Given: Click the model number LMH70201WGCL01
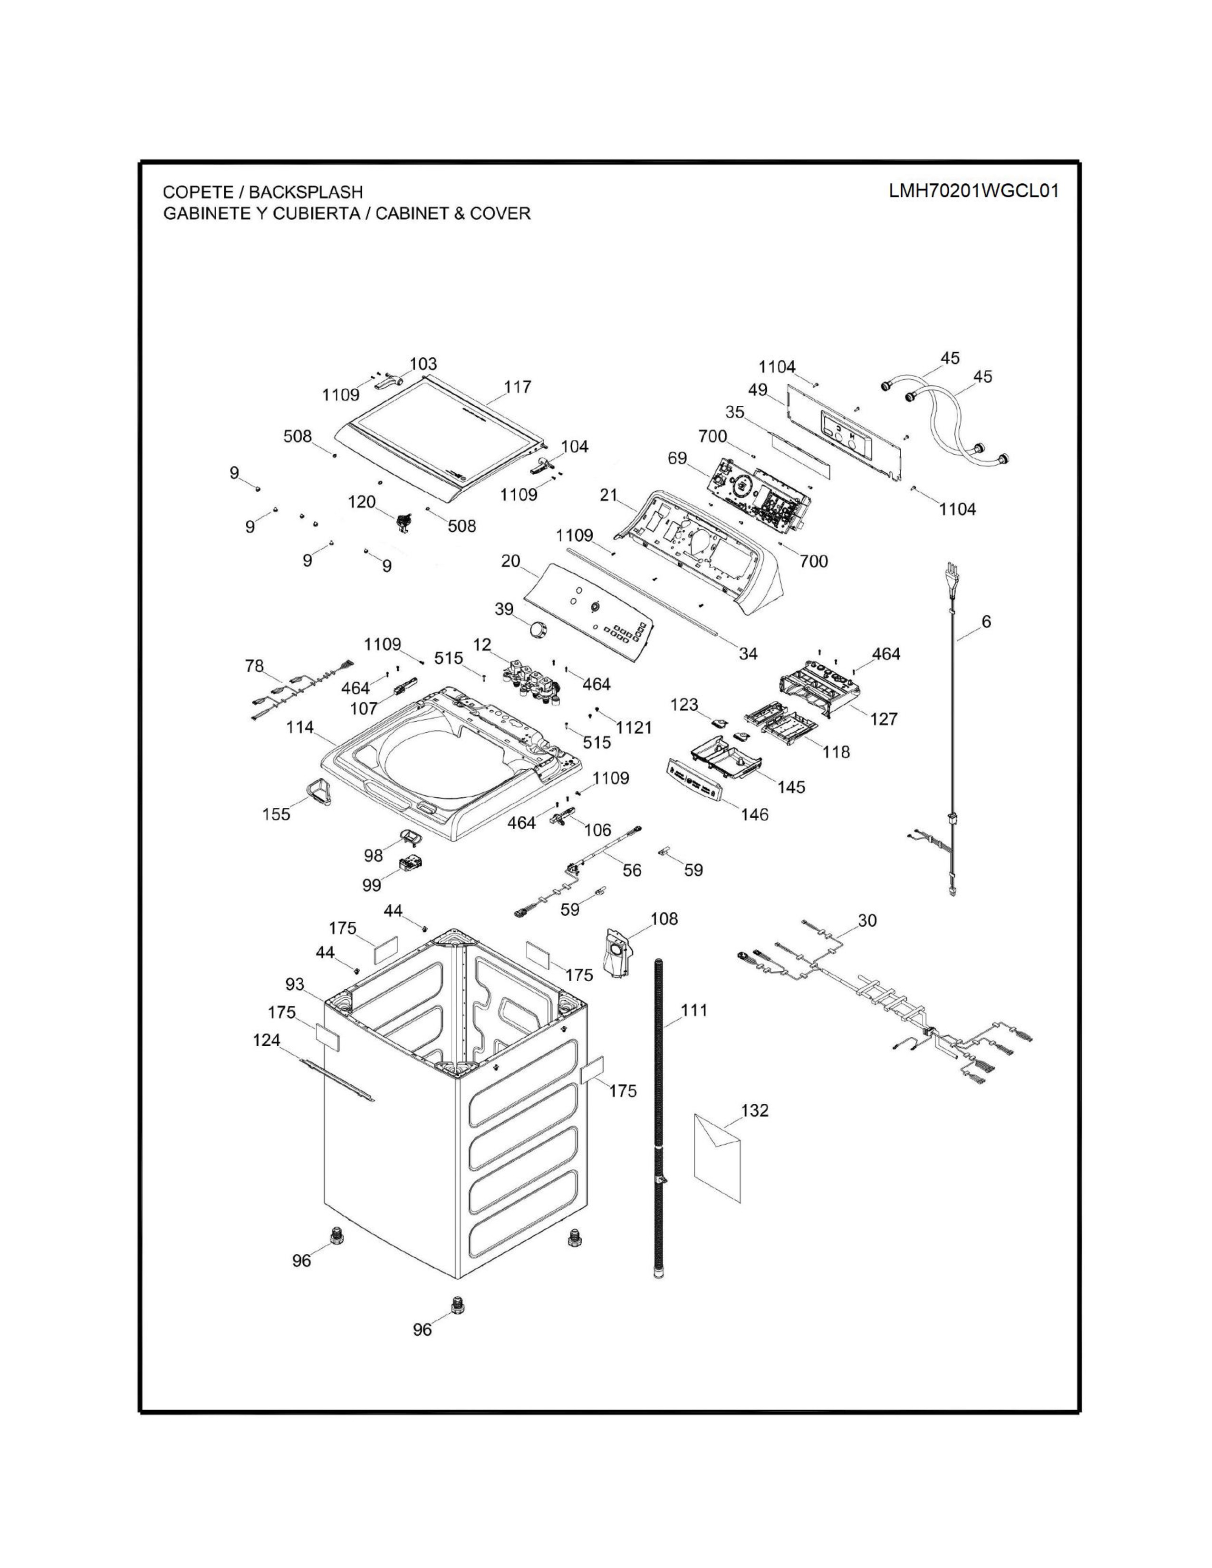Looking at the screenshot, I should pos(973,191).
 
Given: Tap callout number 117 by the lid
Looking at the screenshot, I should pos(517,387).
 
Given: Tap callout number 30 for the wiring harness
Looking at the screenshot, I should pos(867,920).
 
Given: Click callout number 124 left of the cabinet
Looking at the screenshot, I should pos(266,1040).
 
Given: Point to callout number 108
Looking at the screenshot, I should pos(664,919).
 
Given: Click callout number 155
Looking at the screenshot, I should pos(277,813).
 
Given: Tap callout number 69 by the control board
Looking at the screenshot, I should pos(677,458).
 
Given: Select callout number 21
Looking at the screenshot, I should pos(609,495).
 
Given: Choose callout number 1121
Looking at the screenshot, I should pos(634,727).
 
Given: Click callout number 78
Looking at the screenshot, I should pos(254,666).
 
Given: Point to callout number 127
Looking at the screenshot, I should pos(884,718).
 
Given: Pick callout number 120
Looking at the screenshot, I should pos(362,502).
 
